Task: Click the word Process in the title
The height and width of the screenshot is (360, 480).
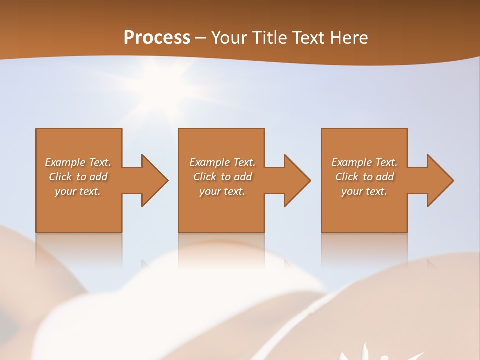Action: (x=157, y=38)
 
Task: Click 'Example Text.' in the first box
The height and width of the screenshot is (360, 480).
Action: (x=78, y=162)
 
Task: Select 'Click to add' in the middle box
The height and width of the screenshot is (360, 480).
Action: (x=222, y=177)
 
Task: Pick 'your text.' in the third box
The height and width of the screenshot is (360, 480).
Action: (x=364, y=191)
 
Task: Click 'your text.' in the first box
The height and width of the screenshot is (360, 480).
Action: (x=78, y=191)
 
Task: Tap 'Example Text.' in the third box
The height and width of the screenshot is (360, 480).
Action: (x=364, y=162)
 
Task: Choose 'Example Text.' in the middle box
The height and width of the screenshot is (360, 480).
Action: (x=222, y=162)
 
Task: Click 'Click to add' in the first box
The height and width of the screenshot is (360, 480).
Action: (x=78, y=177)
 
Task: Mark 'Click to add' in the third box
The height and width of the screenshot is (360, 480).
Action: (x=364, y=177)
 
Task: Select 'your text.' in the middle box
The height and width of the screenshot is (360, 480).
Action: (x=222, y=191)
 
